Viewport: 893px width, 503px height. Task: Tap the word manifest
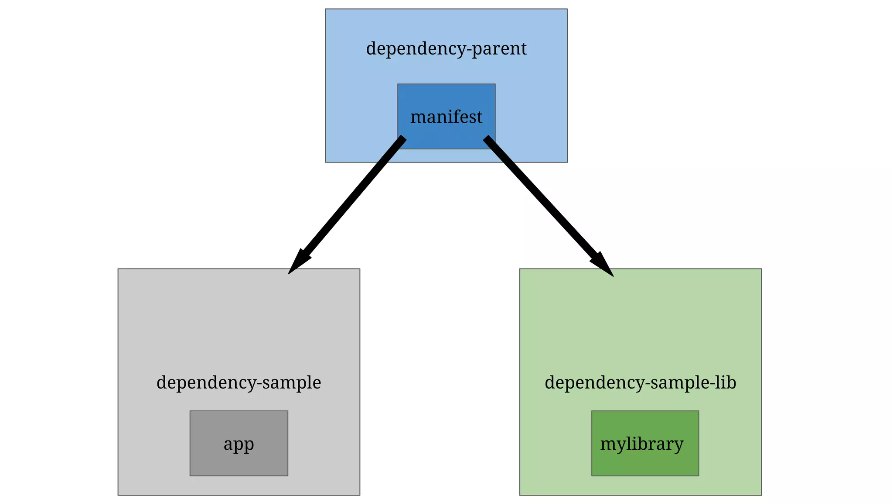pos(446,117)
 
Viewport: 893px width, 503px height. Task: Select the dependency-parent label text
pos(446,48)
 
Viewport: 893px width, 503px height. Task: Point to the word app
pos(239,444)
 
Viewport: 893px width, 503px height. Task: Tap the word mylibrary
pos(641,444)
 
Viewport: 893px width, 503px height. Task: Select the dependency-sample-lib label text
pos(640,382)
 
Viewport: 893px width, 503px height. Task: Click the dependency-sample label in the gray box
pos(239,382)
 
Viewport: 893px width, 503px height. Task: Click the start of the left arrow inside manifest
pos(402,140)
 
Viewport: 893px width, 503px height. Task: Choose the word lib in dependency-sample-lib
pos(726,382)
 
